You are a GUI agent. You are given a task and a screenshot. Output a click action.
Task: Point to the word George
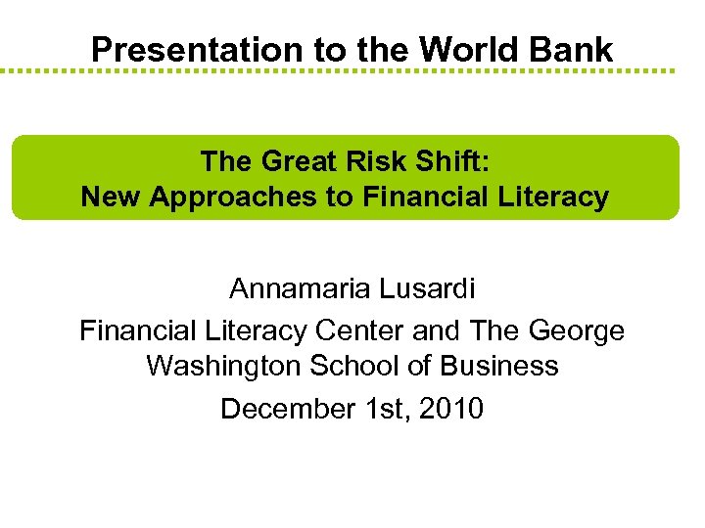(577, 330)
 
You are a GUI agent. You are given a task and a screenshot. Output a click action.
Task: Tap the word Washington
(224, 367)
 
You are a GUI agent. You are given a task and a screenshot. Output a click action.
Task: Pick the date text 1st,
(383, 409)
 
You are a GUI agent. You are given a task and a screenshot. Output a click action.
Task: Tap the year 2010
(450, 409)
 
